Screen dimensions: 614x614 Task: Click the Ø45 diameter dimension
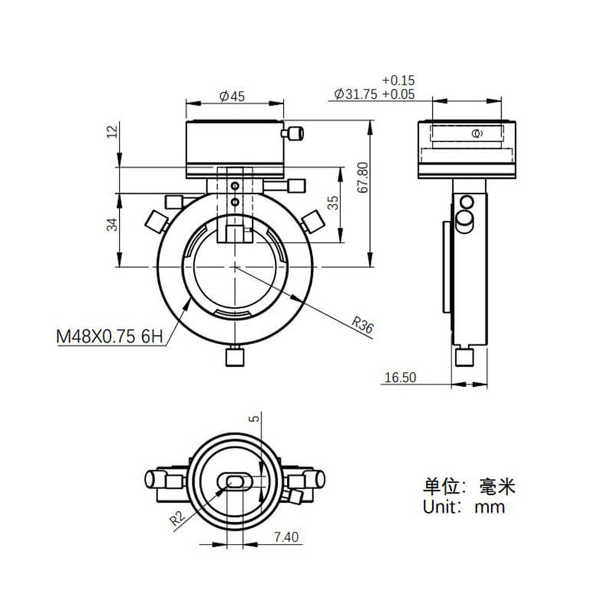pyautogui.click(x=233, y=95)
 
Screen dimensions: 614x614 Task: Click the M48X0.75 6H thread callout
pyautogui.click(x=110, y=336)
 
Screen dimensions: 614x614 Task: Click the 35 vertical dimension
pyautogui.click(x=334, y=203)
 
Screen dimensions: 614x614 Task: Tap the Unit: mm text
pyautogui.click(x=464, y=507)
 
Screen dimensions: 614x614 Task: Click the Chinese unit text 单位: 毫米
pyautogui.click(x=469, y=485)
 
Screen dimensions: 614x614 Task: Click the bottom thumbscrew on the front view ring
pyautogui.click(x=234, y=357)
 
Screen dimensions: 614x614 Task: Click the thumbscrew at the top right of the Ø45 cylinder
pyautogui.click(x=294, y=133)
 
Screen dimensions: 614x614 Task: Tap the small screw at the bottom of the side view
pyautogui.click(x=464, y=357)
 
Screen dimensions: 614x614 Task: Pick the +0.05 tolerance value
pyautogui.click(x=398, y=94)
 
